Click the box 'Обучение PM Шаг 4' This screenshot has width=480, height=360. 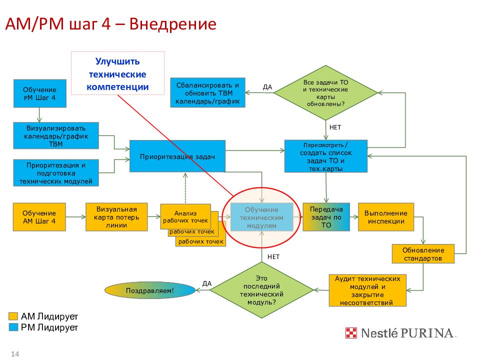coord(40,93)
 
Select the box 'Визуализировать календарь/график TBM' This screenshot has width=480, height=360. coord(56,135)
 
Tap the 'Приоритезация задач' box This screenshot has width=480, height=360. coord(177,156)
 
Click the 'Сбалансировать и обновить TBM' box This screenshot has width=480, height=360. coord(208,93)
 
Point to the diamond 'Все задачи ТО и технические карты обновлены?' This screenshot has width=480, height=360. coord(325,93)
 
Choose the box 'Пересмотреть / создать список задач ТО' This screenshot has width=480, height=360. coord(326,156)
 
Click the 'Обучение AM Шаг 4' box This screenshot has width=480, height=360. coord(39,217)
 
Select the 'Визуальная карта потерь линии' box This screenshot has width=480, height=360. coord(116,217)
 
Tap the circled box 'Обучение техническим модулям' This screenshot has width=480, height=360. coord(261,217)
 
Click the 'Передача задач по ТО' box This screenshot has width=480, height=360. coord(326,217)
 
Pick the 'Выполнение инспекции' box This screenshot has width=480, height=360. coord(386,217)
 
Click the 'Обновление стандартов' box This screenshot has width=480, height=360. coord(423,254)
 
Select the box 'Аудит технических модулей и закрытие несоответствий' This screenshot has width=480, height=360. coord(367,290)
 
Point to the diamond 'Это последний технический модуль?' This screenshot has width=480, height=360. coord(261,290)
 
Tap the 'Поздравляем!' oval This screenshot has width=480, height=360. coord(150,290)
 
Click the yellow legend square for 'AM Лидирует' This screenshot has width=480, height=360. coord(13,316)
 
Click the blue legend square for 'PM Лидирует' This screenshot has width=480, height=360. coord(13,327)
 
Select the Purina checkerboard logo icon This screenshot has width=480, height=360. coord(351,333)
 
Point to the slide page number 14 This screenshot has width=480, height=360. coord(15,354)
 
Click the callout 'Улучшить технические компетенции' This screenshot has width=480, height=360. coord(118,73)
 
